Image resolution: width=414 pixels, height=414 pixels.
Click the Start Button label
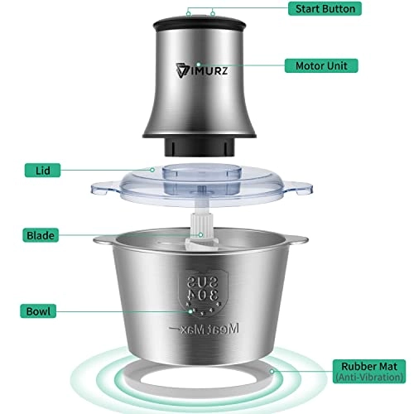[327, 9]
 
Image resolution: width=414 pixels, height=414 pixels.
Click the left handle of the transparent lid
[105, 187]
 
